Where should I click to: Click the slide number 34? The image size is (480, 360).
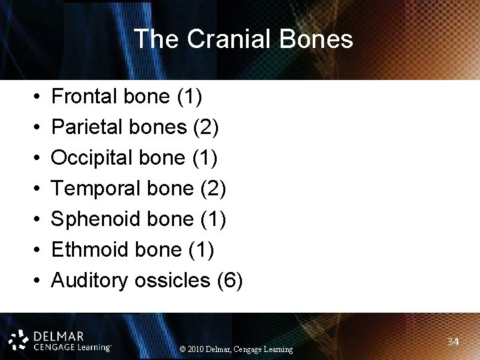coord(453,342)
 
